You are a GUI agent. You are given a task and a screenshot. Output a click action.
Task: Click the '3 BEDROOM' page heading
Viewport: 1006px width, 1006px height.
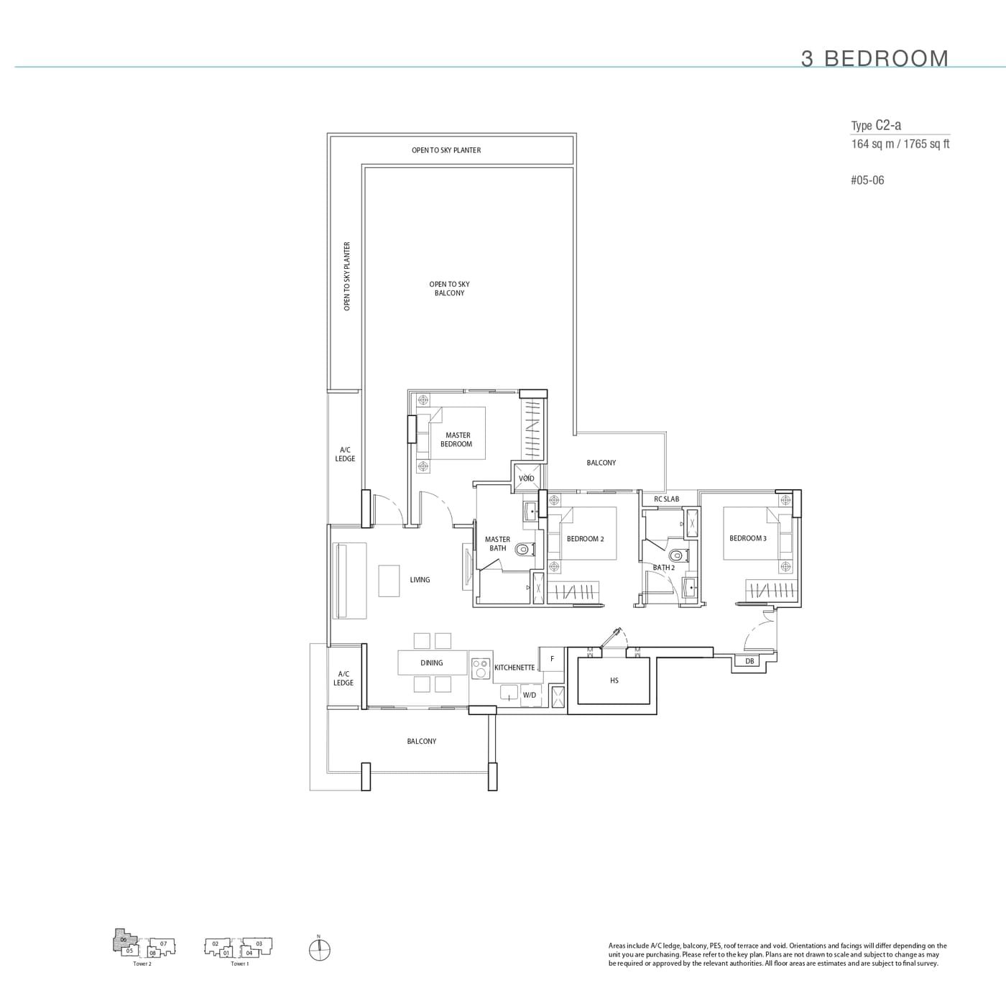tap(875, 58)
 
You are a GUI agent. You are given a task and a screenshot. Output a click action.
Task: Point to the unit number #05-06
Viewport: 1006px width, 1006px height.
tap(867, 180)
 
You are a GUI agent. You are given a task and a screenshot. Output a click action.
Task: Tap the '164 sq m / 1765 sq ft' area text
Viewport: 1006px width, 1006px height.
tap(900, 144)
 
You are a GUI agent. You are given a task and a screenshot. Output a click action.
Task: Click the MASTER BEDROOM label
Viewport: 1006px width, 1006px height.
tap(457, 439)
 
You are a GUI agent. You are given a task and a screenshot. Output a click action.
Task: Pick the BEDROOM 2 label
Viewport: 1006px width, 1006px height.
tap(585, 539)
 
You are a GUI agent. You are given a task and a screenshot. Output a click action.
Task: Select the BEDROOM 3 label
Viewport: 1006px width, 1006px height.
tap(747, 538)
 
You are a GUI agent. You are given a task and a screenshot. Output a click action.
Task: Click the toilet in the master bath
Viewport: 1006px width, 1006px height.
tap(522, 549)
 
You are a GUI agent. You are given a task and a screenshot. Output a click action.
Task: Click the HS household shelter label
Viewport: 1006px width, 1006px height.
tap(614, 680)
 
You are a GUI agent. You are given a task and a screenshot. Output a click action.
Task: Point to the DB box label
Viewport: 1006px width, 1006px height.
tap(749, 661)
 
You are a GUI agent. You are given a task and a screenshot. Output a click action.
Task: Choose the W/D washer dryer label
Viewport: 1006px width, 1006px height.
tap(530, 695)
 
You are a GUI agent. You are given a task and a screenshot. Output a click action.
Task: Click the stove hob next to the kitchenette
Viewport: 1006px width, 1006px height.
tap(479, 668)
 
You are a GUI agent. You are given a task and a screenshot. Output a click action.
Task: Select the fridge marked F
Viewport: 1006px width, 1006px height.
tap(552, 659)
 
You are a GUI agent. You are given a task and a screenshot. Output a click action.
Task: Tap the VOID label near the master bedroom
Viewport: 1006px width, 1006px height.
tap(526, 479)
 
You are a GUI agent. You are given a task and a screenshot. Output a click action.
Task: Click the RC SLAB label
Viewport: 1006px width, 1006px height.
tap(666, 499)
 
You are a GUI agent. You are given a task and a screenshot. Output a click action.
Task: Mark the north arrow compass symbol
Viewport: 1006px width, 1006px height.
tap(319, 949)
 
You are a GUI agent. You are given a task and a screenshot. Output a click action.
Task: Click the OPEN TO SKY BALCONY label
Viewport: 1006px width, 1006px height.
tap(449, 288)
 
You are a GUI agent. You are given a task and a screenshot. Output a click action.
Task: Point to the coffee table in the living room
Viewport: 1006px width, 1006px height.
tap(389, 581)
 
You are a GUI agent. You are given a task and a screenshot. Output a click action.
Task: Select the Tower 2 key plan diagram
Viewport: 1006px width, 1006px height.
tap(143, 946)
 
